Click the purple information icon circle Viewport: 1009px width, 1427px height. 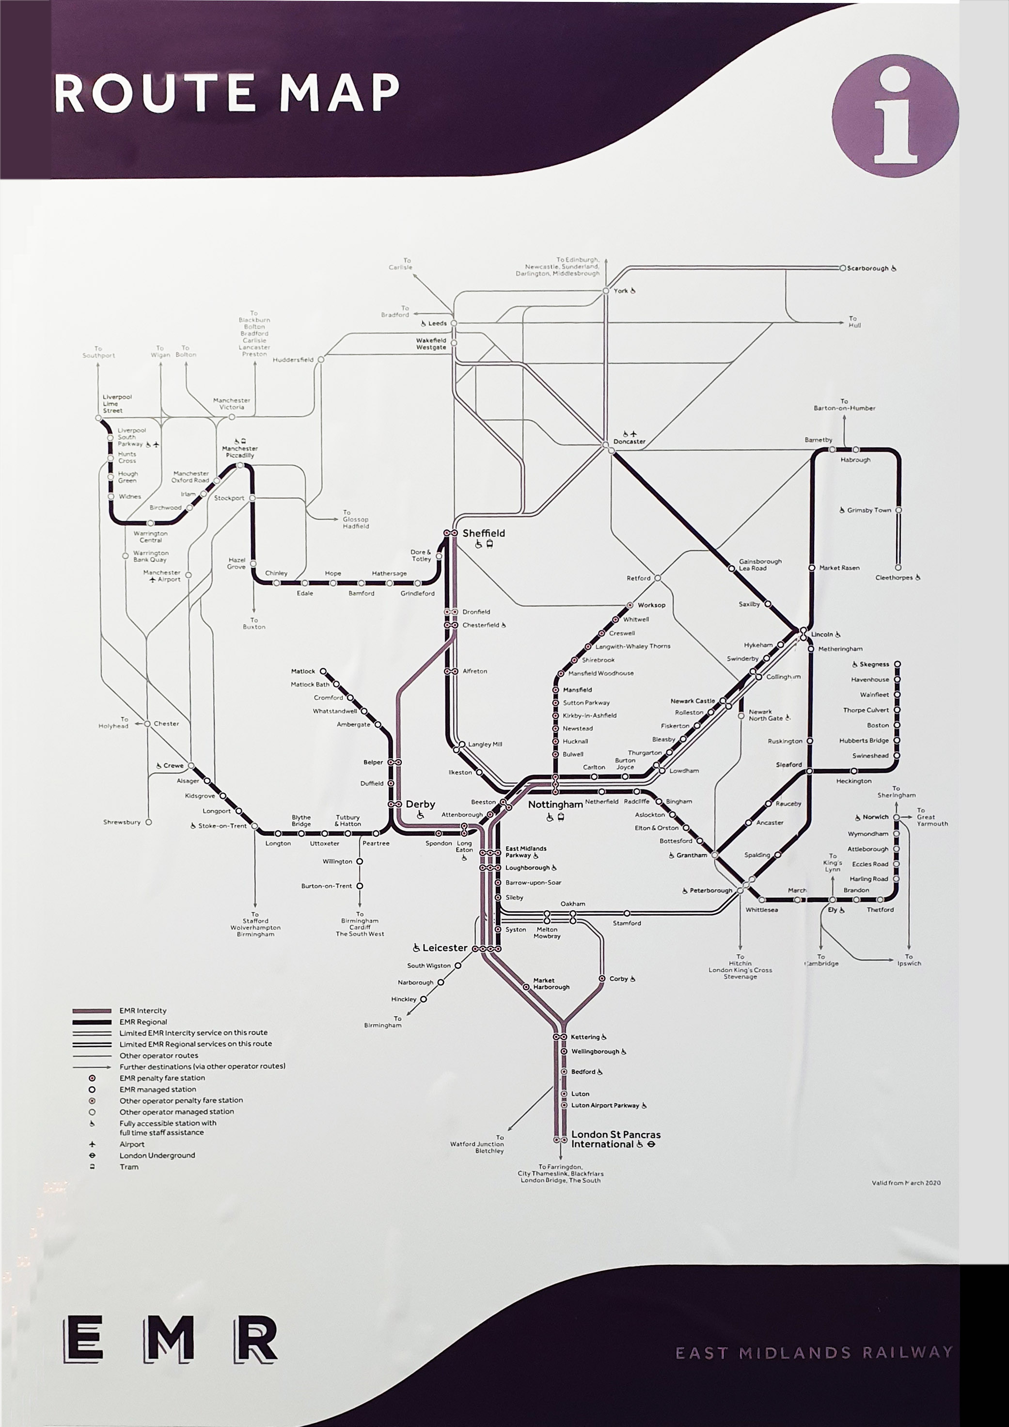(x=895, y=115)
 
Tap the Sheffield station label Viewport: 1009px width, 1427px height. (x=483, y=533)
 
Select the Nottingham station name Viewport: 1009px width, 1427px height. (x=555, y=804)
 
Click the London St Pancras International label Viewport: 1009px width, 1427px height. (x=615, y=1139)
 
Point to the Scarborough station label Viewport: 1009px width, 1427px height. (x=867, y=269)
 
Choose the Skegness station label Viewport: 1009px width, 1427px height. (x=874, y=665)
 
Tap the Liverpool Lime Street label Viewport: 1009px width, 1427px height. (x=117, y=403)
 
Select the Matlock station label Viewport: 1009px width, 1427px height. (x=303, y=671)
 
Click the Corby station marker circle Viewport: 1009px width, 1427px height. (x=602, y=979)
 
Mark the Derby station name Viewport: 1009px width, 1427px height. (x=420, y=804)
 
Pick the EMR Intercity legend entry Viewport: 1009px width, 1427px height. (x=143, y=1011)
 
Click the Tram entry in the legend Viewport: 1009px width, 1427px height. (x=129, y=1167)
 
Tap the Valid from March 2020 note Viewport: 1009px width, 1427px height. (x=906, y=1183)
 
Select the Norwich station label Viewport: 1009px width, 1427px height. (x=875, y=817)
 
